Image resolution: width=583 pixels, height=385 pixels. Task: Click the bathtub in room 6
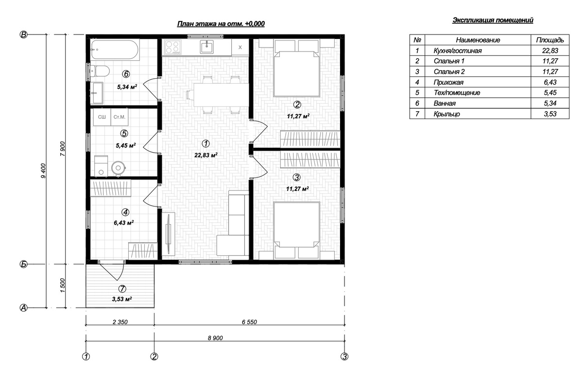[115, 50]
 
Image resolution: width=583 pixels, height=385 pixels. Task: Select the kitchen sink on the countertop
[206, 47]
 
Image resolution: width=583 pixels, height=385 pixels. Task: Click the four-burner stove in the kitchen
[172, 47]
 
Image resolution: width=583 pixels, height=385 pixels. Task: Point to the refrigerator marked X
[240, 47]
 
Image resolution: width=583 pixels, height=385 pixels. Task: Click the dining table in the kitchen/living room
[221, 95]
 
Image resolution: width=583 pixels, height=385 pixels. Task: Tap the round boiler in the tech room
[119, 168]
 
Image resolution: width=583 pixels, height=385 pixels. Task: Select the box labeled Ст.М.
[120, 117]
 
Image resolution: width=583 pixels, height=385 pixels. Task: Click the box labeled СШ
[102, 117]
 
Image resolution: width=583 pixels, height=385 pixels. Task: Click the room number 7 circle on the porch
[122, 289]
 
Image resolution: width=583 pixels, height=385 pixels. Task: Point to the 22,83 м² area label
[206, 155]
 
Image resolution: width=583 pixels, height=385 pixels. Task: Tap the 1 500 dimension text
[63, 285]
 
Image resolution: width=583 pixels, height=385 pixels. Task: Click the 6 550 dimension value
[249, 322]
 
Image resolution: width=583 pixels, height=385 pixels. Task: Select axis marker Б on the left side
[23, 264]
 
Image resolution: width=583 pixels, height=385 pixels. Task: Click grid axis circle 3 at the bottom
[344, 356]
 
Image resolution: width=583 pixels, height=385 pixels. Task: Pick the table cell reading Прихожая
[448, 82]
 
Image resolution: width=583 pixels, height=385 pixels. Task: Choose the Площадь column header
[550, 40]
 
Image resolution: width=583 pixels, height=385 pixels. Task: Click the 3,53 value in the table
[550, 114]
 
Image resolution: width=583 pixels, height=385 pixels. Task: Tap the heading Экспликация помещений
[493, 20]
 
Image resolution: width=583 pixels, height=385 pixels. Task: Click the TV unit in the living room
[169, 233]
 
